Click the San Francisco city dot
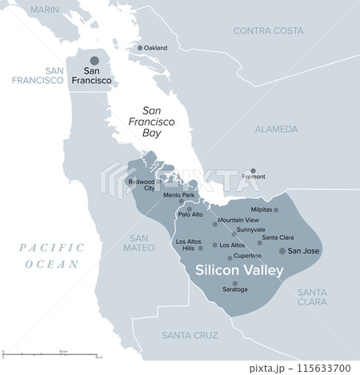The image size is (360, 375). tap(94, 61)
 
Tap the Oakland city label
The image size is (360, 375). tap(155, 48)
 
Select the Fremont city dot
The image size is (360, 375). tap(253, 171)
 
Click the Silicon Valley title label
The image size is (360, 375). tap(240, 270)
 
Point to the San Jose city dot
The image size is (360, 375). tap(282, 250)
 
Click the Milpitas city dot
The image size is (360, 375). tap(277, 209)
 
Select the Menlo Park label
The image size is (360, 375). tap(178, 195)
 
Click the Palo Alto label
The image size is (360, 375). tap(190, 214)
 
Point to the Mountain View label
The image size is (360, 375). tap(238, 220)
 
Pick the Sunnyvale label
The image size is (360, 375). tap(250, 229)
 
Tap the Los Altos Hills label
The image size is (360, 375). tap(189, 245)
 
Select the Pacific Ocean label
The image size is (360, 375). tap(51, 256)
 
